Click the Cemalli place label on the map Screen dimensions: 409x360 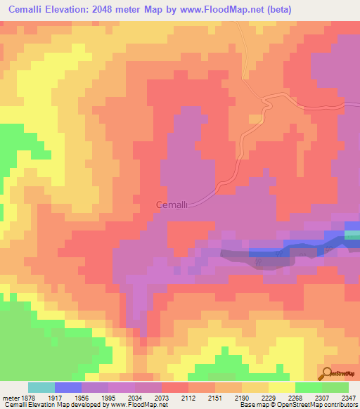tap(171, 204)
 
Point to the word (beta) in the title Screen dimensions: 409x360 tap(276, 9)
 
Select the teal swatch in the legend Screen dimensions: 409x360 tap(41, 387)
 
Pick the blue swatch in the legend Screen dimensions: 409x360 tap(67, 387)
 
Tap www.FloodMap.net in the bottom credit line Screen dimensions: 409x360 tap(134, 405)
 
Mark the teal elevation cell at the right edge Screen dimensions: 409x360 tap(353, 235)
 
